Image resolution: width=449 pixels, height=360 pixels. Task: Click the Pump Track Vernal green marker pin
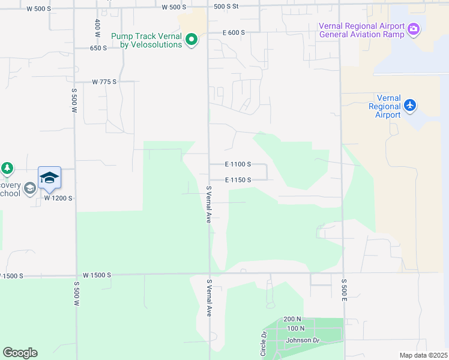coord(191,41)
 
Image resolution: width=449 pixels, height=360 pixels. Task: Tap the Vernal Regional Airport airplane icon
coord(410,106)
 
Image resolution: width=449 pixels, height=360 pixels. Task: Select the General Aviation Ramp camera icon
coord(413,29)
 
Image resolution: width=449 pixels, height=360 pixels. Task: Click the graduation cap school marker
coord(49,178)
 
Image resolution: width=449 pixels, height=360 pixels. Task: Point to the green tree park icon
coord(7,169)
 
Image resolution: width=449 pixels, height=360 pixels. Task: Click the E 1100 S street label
coord(238,164)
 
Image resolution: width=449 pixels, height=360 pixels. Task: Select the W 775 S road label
coord(104,82)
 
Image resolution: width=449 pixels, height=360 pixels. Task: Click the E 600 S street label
coord(234,33)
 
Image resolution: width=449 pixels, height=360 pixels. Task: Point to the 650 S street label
coord(98,48)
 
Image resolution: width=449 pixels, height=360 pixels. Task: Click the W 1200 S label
coord(58,198)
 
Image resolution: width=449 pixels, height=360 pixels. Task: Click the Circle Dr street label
coord(264,344)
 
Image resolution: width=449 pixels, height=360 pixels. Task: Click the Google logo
coord(20,353)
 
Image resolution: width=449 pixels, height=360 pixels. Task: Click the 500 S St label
coord(226,6)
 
